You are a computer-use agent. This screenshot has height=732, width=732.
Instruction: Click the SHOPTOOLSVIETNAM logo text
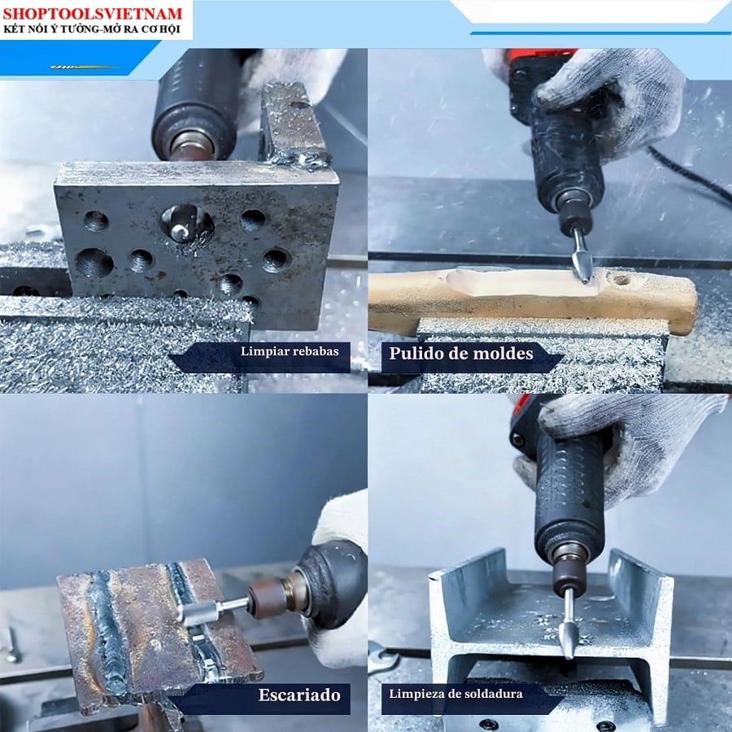[93, 13]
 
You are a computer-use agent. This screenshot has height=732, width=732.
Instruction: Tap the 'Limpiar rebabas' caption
[290, 351]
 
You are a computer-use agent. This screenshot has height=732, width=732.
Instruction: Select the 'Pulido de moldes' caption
[461, 354]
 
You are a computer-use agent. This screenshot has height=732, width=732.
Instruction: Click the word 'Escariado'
[299, 695]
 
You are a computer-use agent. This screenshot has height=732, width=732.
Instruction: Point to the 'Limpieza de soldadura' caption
[455, 694]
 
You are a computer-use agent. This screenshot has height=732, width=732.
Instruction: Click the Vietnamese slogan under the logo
[91, 29]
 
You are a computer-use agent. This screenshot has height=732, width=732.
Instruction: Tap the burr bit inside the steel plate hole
[182, 226]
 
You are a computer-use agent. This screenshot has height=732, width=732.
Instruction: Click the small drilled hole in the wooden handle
[621, 280]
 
